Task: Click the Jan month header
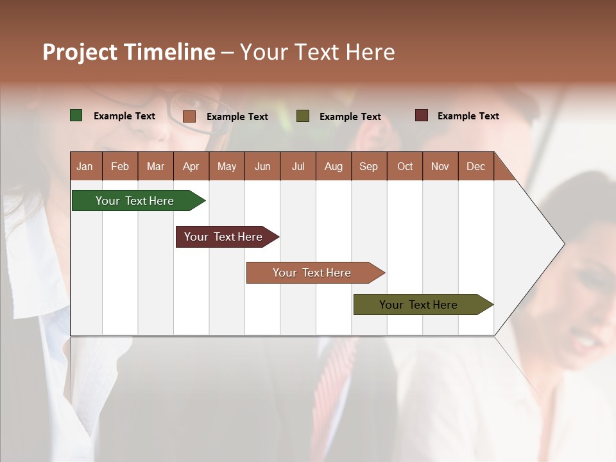tap(85, 166)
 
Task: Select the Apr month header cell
tap(191, 166)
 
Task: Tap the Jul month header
tap(298, 166)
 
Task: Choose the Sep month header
tap(368, 166)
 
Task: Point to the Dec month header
tap(475, 166)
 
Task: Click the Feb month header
tap(120, 166)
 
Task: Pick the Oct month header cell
tap(405, 166)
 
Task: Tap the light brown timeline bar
tap(312, 273)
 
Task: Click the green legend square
tap(76, 116)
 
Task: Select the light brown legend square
tap(189, 116)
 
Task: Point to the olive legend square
tap(303, 116)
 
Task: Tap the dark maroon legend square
tap(421, 116)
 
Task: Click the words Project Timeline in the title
tap(128, 52)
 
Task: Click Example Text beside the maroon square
tap(468, 116)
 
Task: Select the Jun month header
tap(262, 166)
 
